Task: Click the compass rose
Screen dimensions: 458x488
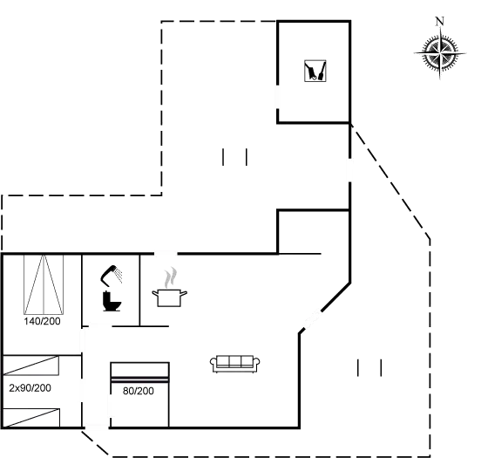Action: point(439,54)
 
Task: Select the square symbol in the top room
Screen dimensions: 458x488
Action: point(314,71)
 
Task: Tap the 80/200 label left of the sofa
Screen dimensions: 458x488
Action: point(138,391)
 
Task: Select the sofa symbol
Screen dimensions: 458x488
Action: point(236,361)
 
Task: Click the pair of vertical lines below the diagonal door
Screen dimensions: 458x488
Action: point(369,367)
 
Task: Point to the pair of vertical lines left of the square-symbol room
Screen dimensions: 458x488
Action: point(235,157)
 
